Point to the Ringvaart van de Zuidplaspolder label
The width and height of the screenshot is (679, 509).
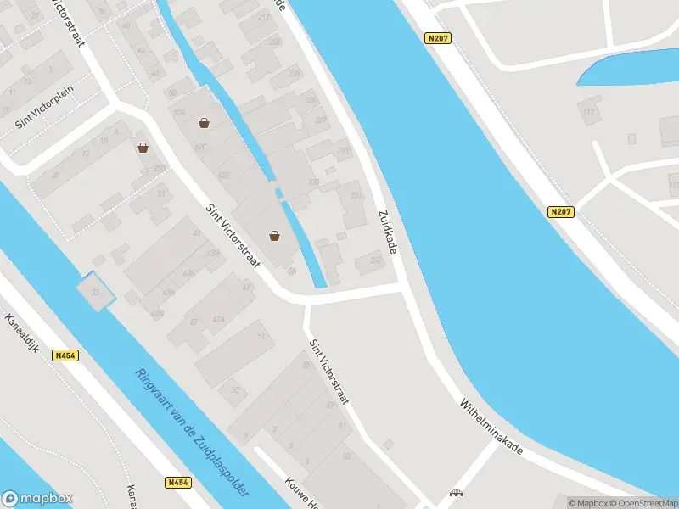click(x=191, y=433)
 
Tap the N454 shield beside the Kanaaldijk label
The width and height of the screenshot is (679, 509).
click(x=65, y=355)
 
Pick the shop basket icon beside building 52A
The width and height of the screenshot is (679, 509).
click(x=204, y=123)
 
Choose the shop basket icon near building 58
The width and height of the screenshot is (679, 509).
click(x=274, y=236)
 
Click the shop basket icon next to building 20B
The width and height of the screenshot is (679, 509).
click(x=143, y=148)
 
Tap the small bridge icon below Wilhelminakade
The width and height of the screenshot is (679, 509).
click(x=457, y=493)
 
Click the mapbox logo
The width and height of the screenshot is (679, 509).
click(x=37, y=499)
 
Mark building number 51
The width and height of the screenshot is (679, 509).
click(x=261, y=338)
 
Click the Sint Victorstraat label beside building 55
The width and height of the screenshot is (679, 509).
click(x=329, y=372)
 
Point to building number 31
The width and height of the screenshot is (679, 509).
click(x=161, y=193)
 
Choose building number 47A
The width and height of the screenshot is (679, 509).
click(x=218, y=319)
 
